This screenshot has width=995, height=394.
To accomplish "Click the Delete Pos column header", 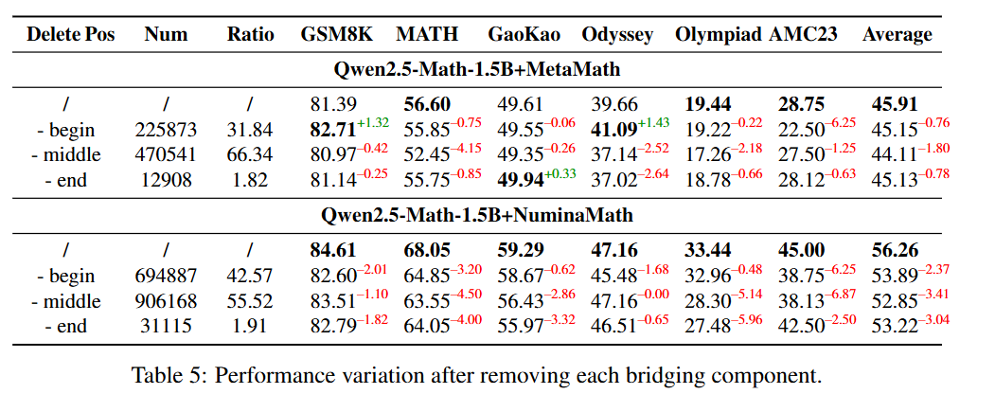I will tap(71, 35).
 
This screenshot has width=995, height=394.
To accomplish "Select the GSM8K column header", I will tap(336, 35).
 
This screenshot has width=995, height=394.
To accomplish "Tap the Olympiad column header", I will tap(718, 35).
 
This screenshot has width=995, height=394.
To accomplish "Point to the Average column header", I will tap(897, 35).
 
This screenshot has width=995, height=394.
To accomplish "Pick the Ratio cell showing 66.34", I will tap(251, 153).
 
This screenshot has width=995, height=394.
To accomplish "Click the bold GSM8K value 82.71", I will tap(327, 129).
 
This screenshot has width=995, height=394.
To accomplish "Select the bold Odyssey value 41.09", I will tap(613, 129).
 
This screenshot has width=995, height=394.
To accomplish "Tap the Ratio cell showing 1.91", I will tap(251, 326).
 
